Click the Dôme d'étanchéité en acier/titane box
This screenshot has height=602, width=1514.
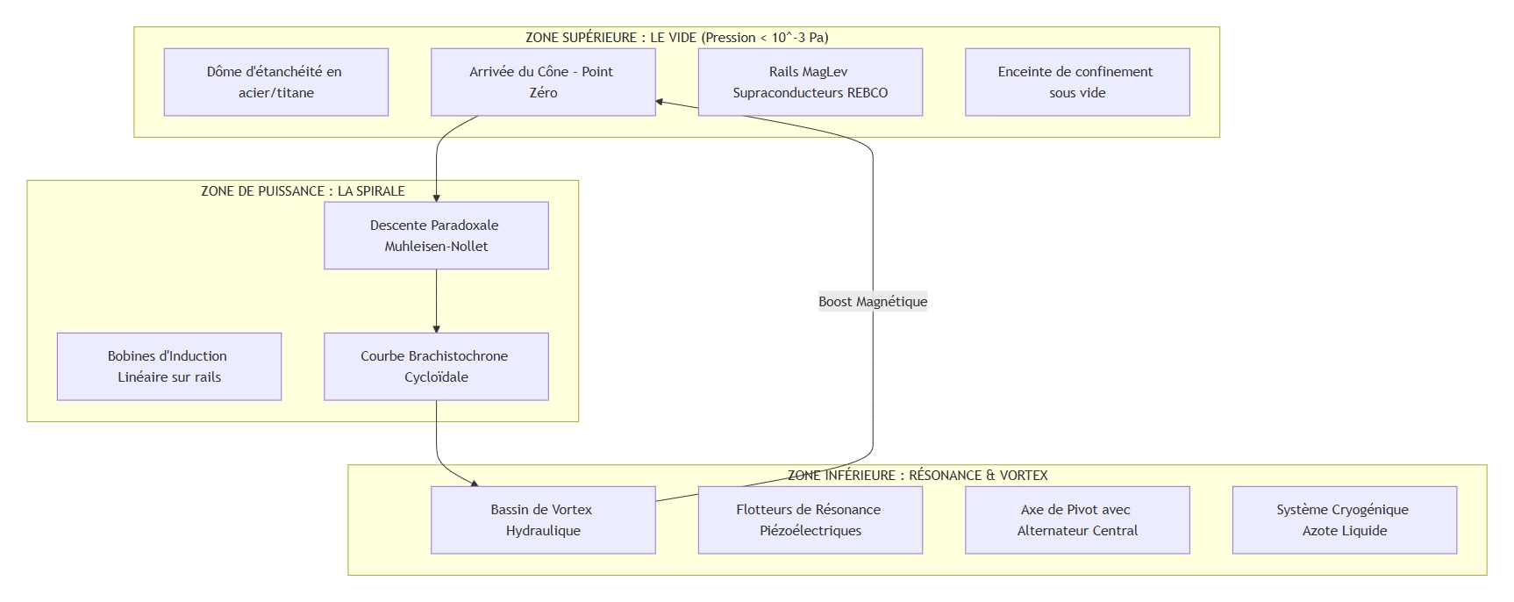(275, 82)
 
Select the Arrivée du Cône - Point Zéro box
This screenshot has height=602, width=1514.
(543, 82)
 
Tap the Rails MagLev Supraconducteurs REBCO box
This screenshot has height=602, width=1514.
(810, 82)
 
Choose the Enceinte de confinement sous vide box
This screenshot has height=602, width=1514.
(1077, 82)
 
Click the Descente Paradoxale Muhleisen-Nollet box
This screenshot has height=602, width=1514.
(436, 236)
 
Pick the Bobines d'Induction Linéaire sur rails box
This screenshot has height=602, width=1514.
(169, 367)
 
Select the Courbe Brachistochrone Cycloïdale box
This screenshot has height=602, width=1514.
(436, 367)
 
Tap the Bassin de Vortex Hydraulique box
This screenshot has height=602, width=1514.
(543, 520)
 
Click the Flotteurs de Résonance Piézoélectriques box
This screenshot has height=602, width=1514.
(810, 520)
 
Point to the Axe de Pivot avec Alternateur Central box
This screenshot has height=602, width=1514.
(1077, 520)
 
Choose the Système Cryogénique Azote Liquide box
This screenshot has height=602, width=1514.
(1344, 520)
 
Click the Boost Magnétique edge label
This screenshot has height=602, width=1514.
(873, 302)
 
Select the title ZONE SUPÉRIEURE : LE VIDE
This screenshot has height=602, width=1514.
(676, 38)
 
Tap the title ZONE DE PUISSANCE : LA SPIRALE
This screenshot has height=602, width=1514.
(303, 191)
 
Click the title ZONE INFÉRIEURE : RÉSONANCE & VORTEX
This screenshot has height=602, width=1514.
(918, 476)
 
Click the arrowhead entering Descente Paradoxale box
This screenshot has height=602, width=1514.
(436, 198)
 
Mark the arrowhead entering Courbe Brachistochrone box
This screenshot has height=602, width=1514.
(436, 328)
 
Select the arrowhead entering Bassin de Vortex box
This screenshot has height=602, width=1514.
(475, 483)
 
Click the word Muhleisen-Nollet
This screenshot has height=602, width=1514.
(436, 247)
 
